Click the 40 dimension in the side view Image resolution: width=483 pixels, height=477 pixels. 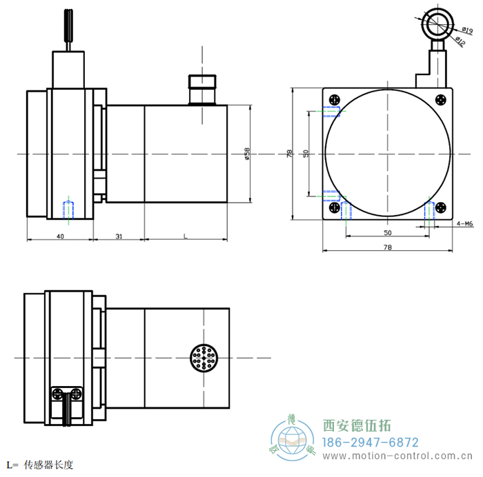coord(60,236)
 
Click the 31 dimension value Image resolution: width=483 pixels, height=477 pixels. coord(119,236)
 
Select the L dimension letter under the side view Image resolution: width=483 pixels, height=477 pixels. coord(185,236)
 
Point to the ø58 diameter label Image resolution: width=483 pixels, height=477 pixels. coord(246,154)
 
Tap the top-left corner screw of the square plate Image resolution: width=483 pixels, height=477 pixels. coord(335,99)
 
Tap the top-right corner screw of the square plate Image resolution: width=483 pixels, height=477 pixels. coord(442,99)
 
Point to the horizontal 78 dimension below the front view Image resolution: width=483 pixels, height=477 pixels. coord(387,247)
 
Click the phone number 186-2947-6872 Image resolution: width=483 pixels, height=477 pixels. coord(371,442)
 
